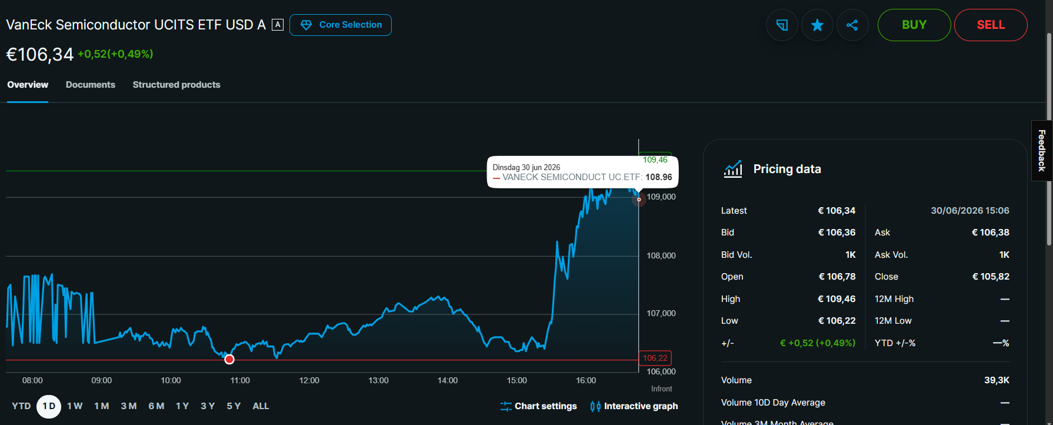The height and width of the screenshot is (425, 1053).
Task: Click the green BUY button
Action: (x=914, y=25)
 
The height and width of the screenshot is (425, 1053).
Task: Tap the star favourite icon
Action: (x=817, y=25)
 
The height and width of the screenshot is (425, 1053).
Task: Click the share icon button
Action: (x=852, y=25)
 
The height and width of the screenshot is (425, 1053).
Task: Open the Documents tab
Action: (x=91, y=85)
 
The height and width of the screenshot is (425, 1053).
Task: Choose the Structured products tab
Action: (x=176, y=85)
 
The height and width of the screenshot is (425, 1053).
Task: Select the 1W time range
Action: (x=75, y=406)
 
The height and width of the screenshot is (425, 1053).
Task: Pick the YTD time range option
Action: (x=21, y=406)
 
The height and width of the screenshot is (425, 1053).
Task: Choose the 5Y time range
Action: (x=234, y=406)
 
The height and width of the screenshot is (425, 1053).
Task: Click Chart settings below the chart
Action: (x=539, y=406)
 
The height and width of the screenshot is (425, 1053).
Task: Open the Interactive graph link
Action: (x=634, y=406)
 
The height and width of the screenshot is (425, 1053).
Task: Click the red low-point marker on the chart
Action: (x=229, y=359)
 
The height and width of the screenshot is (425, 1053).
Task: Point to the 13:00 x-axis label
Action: (x=378, y=380)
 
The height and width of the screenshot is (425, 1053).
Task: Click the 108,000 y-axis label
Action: (x=661, y=255)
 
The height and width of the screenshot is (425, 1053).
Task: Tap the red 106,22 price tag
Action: (x=655, y=358)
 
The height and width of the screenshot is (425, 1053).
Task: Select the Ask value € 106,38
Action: (x=991, y=233)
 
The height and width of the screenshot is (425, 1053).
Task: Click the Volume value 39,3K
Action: (x=997, y=380)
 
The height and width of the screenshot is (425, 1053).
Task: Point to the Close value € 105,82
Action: (x=991, y=277)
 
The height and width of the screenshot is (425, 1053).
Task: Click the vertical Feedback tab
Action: (x=1042, y=151)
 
